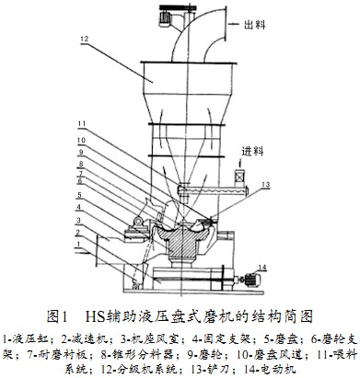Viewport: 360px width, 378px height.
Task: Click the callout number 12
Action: (84, 39)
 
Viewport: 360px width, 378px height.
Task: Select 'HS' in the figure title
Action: (103, 316)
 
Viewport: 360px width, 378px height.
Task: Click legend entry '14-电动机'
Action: (268, 369)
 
